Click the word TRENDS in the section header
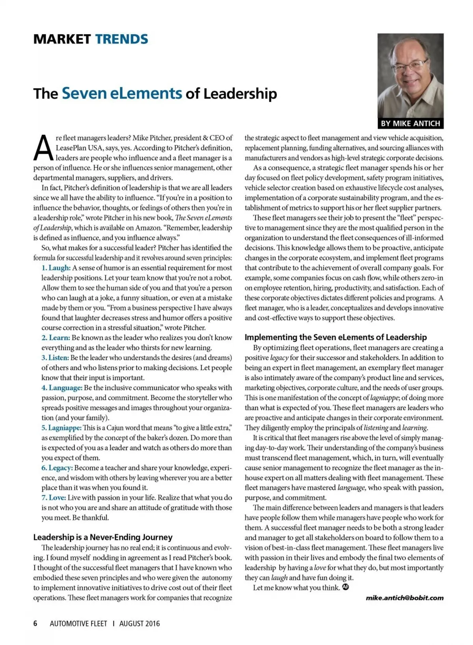(x=121, y=39)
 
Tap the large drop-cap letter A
(x=43, y=148)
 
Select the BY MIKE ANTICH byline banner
(x=410, y=123)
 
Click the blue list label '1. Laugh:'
(x=56, y=268)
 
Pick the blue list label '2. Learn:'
(x=56, y=337)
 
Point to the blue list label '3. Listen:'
(x=55, y=358)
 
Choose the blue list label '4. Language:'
(x=62, y=387)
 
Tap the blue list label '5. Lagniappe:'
(x=61, y=428)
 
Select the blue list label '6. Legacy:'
(x=57, y=468)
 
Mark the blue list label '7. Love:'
(x=54, y=498)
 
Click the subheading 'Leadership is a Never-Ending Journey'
(x=103, y=537)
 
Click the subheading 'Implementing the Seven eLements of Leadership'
(x=335, y=337)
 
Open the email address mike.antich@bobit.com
(x=404, y=598)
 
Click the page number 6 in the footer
(x=35, y=623)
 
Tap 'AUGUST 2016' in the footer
(x=140, y=623)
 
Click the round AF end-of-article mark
(x=346, y=587)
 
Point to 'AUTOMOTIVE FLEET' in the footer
(x=78, y=623)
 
